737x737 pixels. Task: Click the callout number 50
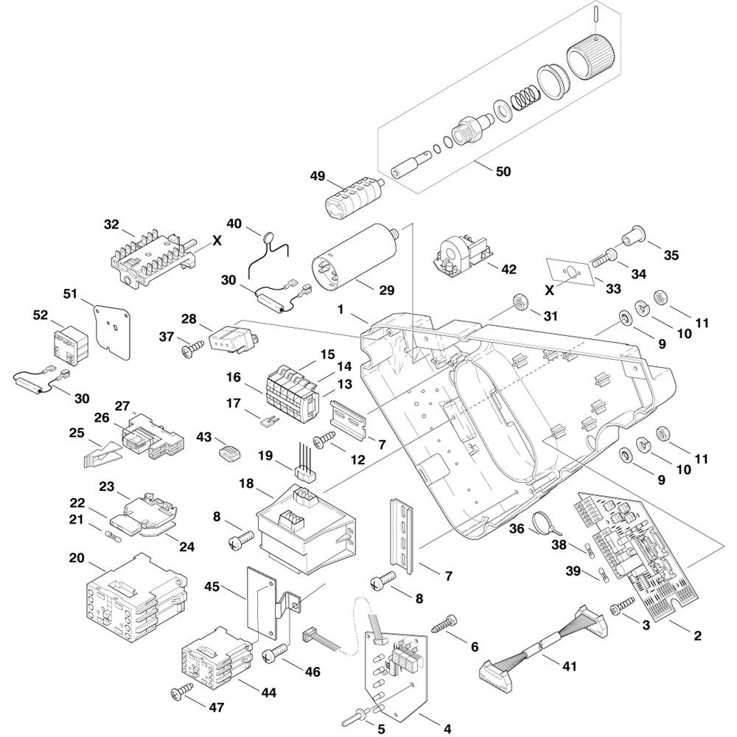pyautogui.click(x=503, y=172)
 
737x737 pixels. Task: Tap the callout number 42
pyautogui.click(x=508, y=269)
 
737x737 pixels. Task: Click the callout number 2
pyautogui.click(x=697, y=635)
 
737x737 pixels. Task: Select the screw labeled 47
pyautogui.click(x=179, y=692)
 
